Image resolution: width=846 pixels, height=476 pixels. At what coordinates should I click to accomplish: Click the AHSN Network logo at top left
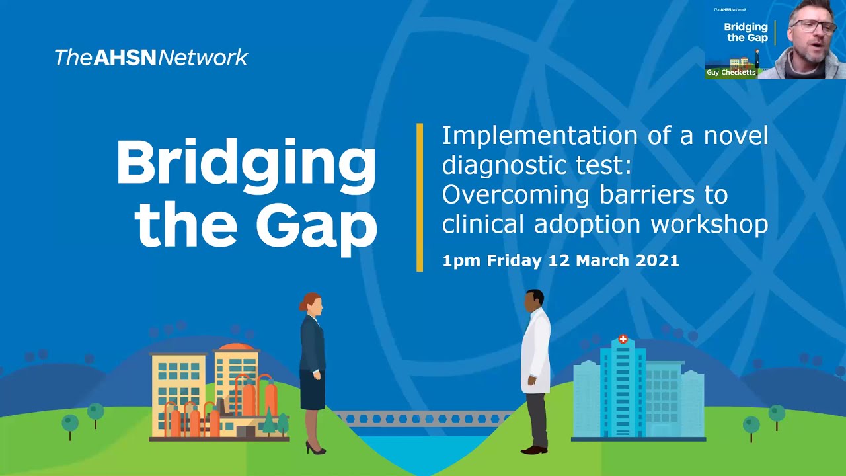(x=151, y=58)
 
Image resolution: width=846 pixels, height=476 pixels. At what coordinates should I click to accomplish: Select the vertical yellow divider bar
(x=420, y=197)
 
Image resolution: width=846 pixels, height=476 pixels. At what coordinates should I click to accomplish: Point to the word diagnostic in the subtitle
(x=502, y=165)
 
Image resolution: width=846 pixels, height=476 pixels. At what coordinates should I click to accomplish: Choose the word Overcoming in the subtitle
(x=516, y=195)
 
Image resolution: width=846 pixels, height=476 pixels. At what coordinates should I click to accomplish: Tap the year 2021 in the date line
(x=657, y=260)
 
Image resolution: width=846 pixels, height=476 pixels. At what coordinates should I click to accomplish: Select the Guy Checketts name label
(x=730, y=73)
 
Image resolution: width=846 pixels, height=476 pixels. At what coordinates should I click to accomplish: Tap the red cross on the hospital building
(x=623, y=339)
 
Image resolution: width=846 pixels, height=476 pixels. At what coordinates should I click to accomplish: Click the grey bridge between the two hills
(x=423, y=418)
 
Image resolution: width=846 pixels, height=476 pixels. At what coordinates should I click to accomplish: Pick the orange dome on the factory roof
(x=236, y=347)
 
